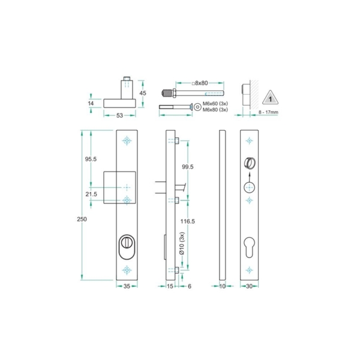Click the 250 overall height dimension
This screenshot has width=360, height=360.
coord(82,219)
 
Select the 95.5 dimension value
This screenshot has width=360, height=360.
coord(91,160)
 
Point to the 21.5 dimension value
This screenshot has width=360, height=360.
coord(91,194)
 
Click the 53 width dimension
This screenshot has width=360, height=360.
coord(121,115)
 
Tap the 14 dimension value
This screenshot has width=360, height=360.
coord(91,103)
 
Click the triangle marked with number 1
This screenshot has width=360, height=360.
coord(271,98)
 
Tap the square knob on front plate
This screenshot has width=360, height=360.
coord(119,188)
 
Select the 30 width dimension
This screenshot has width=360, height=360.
coord(249,287)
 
